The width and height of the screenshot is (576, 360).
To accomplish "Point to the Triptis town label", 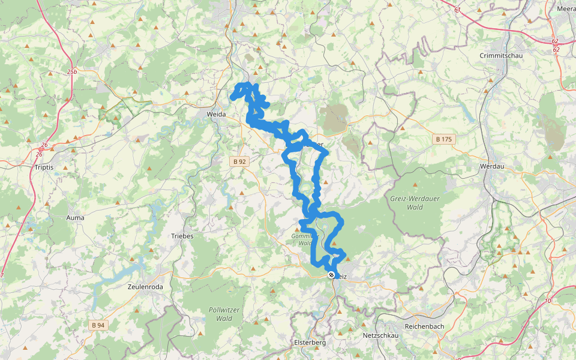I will coord(44,167).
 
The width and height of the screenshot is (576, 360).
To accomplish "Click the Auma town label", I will coord(76,218).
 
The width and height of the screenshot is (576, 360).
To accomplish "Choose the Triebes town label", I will coord(182,236).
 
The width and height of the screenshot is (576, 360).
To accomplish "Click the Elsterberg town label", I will coord(310,343).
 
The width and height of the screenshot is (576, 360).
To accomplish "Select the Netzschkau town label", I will coord(380,335).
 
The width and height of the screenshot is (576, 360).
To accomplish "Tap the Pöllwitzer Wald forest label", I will coord(221,314).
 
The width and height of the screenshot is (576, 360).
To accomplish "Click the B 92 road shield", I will coord(239,161).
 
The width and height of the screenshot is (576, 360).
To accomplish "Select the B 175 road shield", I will coord(443,139).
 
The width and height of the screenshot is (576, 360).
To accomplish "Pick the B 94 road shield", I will coord(98,325).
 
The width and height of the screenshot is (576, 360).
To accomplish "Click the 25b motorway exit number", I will coord(73,72).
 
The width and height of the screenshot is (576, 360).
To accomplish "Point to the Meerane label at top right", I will coord(567,9).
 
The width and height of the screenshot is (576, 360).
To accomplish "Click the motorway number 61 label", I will coord(458,10).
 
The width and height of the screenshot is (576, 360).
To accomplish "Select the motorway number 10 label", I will coord(548,300).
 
